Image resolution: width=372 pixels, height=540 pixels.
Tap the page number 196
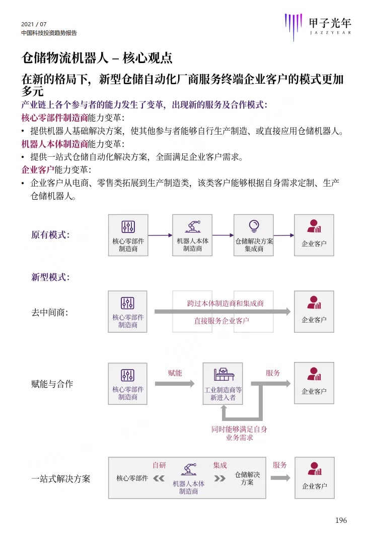341,520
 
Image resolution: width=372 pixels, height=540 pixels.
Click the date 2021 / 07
34,24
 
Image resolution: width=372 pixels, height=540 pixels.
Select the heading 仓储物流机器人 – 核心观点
97,58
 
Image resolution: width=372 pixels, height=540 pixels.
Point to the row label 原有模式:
50,235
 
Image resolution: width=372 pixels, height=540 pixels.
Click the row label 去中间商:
49,313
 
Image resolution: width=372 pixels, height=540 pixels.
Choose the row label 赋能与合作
52,384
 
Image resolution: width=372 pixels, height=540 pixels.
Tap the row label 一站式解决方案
61,478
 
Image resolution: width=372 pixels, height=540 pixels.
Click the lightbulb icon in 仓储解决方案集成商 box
254,225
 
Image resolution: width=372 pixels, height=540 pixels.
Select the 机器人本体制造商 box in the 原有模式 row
192,235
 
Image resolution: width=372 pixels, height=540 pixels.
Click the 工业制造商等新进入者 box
222,384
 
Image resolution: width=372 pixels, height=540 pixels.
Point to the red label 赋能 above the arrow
175,373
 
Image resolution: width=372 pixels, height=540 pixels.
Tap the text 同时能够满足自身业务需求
239,433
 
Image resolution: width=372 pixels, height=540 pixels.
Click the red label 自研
160,465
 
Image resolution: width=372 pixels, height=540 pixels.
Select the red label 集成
219,465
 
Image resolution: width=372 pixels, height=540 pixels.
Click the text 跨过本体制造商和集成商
225,303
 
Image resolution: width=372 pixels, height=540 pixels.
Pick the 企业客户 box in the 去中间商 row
314,312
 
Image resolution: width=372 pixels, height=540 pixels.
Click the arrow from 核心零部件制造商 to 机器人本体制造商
160,235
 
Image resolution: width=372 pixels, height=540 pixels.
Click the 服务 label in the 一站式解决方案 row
280,465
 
